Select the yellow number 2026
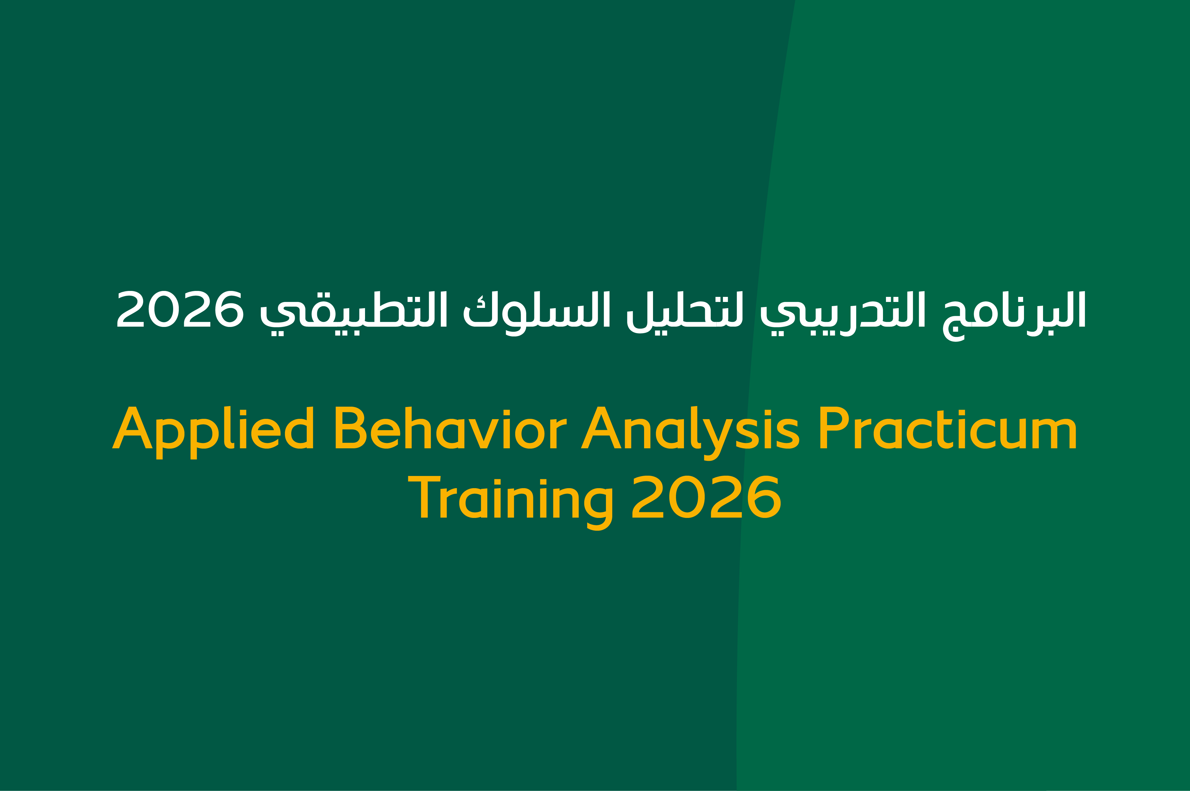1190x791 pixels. [x=706, y=496]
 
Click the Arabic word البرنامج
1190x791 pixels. [x=1014, y=316]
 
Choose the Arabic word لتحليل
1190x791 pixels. [x=685, y=312]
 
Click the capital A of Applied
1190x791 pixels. [x=132, y=427]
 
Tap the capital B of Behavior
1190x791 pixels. [x=351, y=427]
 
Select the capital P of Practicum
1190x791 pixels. [x=834, y=427]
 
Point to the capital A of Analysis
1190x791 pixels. [x=601, y=427]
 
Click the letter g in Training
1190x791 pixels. [x=598, y=510]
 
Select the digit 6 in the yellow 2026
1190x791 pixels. [x=764, y=497]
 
